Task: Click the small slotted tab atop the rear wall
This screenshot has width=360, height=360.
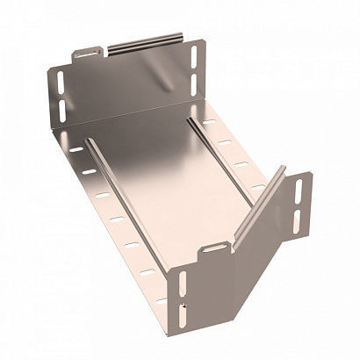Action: click(85, 54)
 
